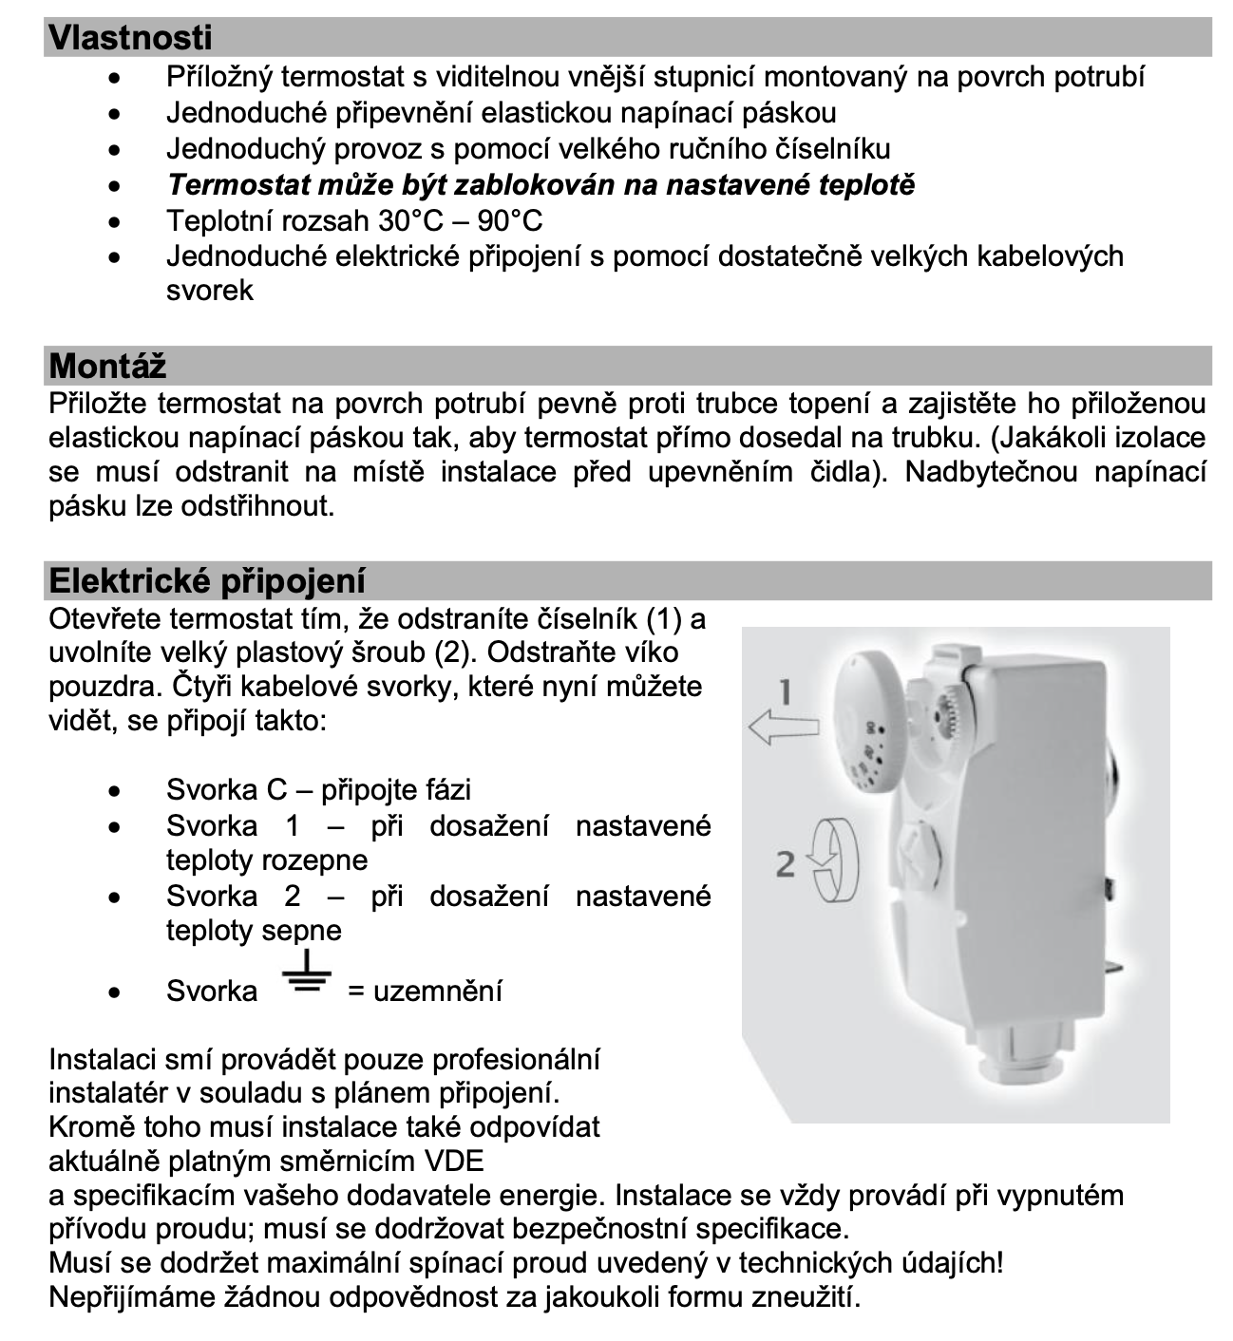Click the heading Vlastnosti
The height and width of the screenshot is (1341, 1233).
(x=130, y=38)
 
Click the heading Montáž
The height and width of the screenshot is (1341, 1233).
(x=107, y=366)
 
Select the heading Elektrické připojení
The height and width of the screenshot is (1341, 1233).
(x=207, y=580)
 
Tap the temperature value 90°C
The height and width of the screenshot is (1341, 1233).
(x=510, y=220)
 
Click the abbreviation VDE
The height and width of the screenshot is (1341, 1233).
(x=452, y=1161)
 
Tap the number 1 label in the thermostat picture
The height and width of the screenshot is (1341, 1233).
(x=785, y=692)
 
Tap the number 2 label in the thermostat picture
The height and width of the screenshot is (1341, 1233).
(x=785, y=864)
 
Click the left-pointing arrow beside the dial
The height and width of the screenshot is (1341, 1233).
(x=784, y=729)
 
